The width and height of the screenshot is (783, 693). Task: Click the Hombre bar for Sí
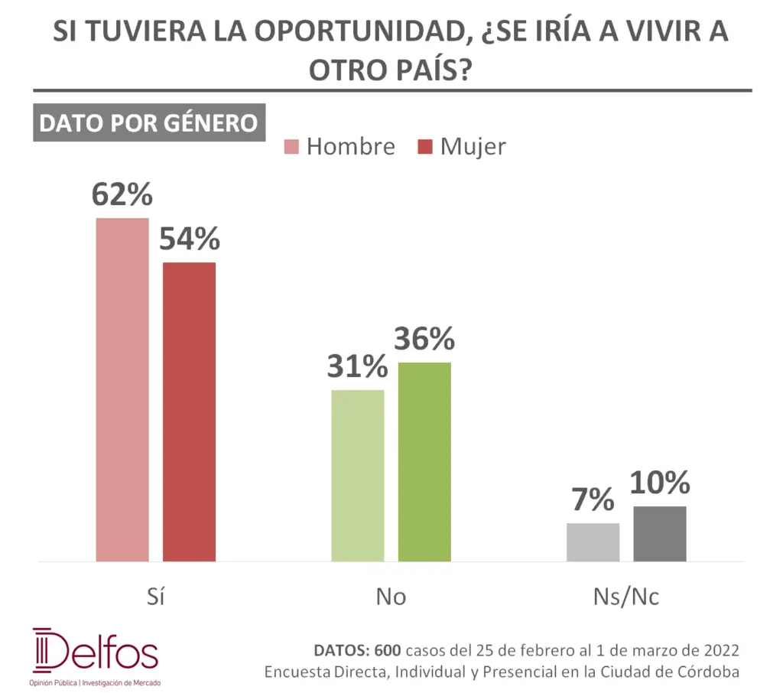click(122, 390)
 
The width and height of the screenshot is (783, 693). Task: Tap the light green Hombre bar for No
click(358, 476)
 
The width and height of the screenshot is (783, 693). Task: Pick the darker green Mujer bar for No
click(424, 462)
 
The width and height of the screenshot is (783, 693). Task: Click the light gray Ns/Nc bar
click(593, 542)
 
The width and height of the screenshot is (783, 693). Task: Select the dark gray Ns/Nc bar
click(660, 534)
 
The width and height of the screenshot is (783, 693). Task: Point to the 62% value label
click(122, 194)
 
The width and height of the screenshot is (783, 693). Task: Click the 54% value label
click(190, 239)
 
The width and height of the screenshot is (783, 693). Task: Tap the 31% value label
click(358, 367)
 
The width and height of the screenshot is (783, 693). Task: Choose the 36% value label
click(424, 339)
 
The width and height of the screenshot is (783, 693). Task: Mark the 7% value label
click(593, 500)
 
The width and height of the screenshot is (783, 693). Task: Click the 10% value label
click(660, 483)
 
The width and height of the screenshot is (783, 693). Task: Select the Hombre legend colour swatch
click(291, 146)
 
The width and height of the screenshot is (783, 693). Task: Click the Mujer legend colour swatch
click(425, 146)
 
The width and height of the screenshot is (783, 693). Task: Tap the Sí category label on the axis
click(156, 597)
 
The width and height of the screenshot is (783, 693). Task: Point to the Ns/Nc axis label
click(625, 597)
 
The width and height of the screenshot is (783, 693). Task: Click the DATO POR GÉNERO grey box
click(148, 123)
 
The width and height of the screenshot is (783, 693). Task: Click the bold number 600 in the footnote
click(388, 651)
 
